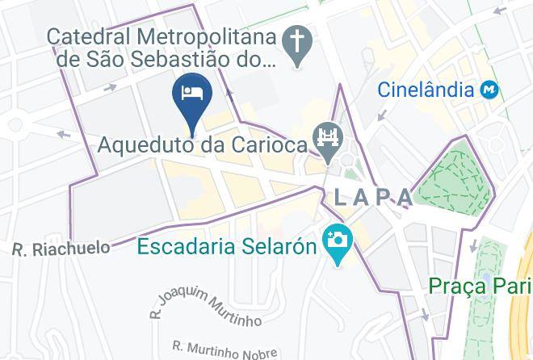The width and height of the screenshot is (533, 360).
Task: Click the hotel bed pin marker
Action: click(192, 94)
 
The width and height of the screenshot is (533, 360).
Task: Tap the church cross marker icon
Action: click(298, 43)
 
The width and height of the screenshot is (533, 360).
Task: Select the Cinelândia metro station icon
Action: click(489, 89)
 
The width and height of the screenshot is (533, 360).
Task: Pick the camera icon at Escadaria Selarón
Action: click(334, 242)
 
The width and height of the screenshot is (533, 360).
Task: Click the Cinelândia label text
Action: click(426, 89)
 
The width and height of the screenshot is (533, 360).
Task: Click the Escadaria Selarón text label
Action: click(226, 245)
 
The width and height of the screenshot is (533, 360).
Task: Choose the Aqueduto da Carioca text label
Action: click(203, 145)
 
